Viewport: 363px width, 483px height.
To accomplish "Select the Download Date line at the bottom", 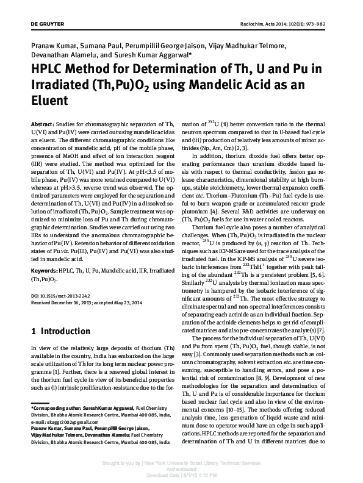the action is pos(182,474).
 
